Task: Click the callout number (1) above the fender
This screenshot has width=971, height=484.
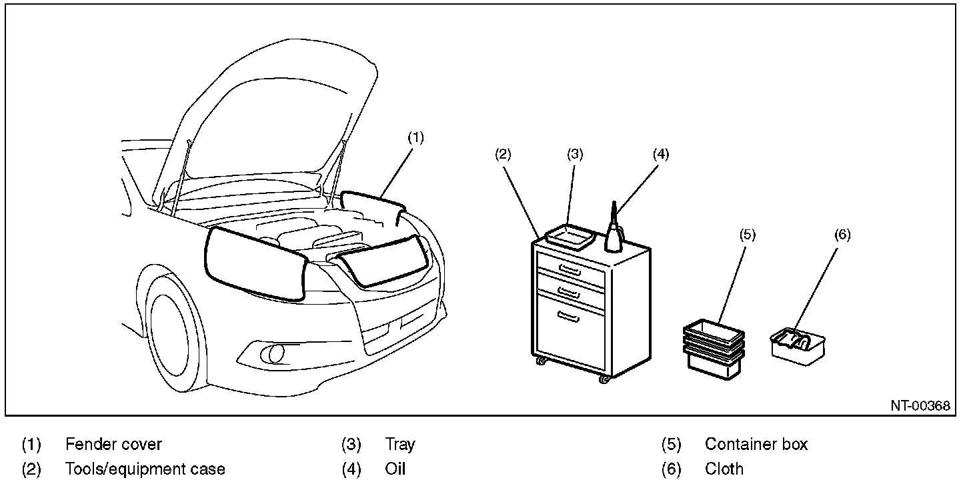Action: [x=415, y=138]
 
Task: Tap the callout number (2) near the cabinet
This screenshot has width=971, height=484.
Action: [x=503, y=155]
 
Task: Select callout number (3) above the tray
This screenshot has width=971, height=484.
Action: [x=575, y=155]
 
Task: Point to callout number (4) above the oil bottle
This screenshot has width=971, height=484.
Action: [x=660, y=155]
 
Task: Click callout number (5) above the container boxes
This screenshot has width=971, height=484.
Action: [x=748, y=235]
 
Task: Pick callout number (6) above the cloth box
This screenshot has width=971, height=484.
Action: [x=842, y=235]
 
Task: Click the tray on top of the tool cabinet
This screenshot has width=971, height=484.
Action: [x=570, y=236]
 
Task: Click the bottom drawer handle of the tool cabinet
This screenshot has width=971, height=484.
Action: [x=569, y=317]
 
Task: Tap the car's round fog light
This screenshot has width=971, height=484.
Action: [x=275, y=353]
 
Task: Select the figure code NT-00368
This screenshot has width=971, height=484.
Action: [x=920, y=406]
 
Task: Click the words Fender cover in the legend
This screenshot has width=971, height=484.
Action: [x=113, y=444]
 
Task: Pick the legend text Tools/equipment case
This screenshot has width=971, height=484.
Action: [x=145, y=469]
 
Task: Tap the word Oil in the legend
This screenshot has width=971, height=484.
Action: [x=395, y=469]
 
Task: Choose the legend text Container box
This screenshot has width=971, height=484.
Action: [x=756, y=444]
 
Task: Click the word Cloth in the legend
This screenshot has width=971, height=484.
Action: [x=724, y=469]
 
